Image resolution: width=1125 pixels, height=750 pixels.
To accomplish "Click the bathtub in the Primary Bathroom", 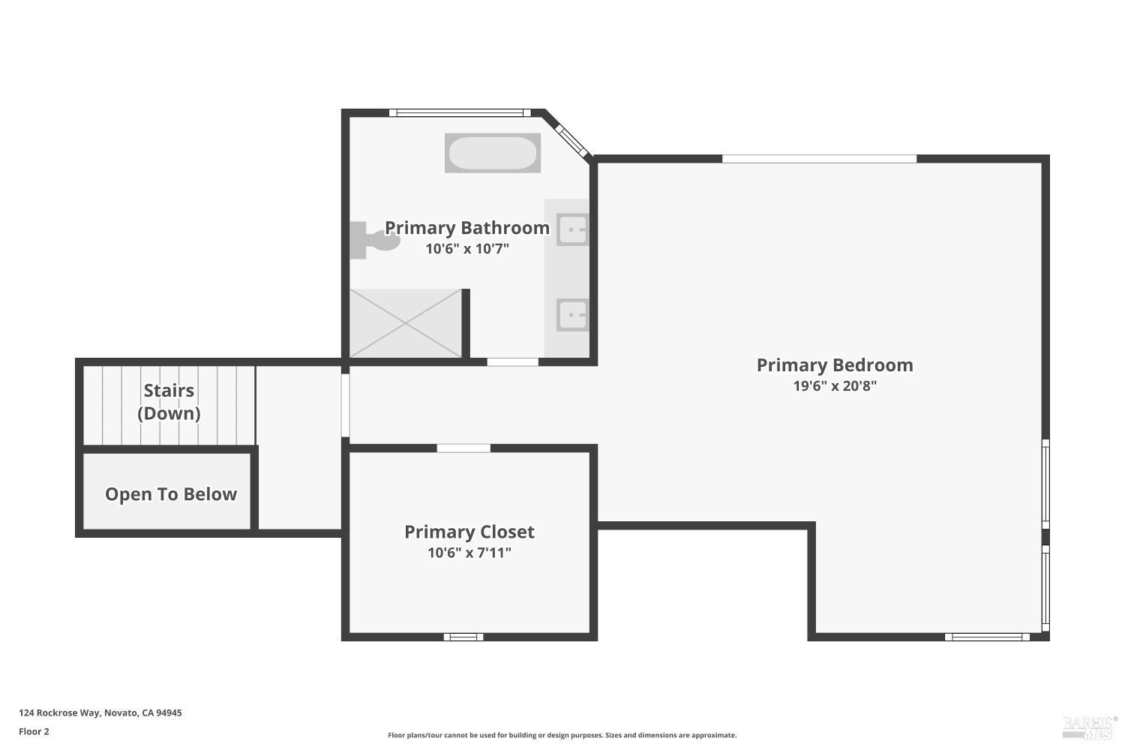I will [x=492, y=153].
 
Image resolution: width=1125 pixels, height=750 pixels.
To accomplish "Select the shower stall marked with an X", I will [x=406, y=323].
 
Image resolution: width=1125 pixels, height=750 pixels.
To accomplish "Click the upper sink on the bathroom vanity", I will [x=572, y=229].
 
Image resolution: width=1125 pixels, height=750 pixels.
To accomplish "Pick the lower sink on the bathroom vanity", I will [x=572, y=315].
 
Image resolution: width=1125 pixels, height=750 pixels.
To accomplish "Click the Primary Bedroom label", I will [x=834, y=365].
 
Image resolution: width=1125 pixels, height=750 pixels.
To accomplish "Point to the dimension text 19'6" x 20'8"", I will [x=834, y=386].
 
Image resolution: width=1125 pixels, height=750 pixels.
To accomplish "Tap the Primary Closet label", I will [x=469, y=532].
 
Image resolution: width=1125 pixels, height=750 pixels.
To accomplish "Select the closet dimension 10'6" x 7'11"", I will [x=469, y=553].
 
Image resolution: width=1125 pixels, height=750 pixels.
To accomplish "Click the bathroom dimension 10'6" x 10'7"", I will [x=466, y=249].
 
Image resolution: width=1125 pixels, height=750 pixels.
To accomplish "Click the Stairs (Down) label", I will [x=169, y=402].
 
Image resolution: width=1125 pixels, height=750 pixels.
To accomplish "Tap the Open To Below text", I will [x=170, y=494].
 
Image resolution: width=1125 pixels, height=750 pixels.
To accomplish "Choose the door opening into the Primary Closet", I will [x=463, y=448].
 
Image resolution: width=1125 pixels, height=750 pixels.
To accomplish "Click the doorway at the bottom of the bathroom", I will [x=512, y=362].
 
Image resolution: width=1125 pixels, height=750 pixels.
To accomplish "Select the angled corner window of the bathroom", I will [x=571, y=139].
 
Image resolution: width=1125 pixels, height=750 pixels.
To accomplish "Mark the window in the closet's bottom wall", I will [x=463, y=637].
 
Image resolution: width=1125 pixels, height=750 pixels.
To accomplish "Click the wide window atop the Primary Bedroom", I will [x=819, y=159].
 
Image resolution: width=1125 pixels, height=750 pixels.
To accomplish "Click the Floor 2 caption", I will [x=34, y=732].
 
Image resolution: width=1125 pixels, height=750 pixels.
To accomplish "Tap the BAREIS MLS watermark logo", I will [x=1089, y=726].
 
